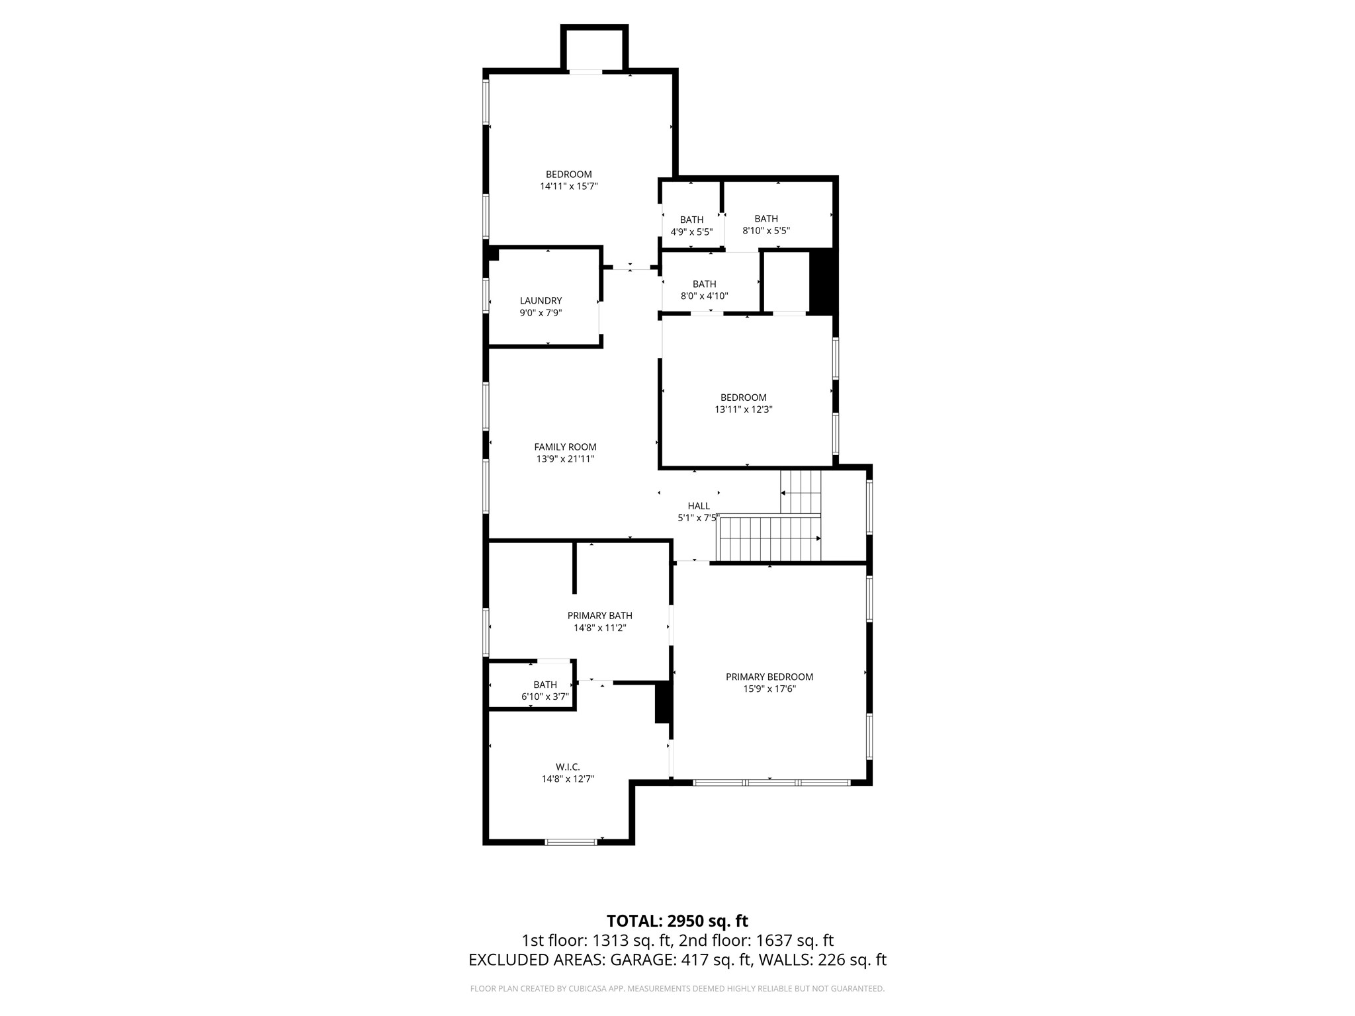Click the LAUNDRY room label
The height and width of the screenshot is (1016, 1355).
(x=541, y=301)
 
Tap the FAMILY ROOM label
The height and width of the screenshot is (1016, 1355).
(x=565, y=447)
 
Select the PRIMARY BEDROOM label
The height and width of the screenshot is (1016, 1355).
(x=769, y=677)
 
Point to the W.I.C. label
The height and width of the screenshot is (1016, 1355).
(x=568, y=767)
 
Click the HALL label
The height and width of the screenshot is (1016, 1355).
(x=699, y=506)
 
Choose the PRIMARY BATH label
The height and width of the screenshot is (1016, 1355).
(x=599, y=616)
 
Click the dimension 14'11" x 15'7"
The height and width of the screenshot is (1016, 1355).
(x=568, y=187)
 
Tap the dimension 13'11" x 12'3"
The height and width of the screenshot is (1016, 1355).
(x=743, y=409)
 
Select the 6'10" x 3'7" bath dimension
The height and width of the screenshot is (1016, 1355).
(x=545, y=697)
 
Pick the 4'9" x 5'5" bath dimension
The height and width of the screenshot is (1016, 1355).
(x=691, y=232)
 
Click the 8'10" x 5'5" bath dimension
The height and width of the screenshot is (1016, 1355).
(x=766, y=231)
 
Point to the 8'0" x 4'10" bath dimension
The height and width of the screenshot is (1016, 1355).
(x=704, y=296)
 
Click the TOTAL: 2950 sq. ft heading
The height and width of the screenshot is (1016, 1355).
(x=677, y=921)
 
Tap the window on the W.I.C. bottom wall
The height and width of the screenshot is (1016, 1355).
(x=570, y=842)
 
